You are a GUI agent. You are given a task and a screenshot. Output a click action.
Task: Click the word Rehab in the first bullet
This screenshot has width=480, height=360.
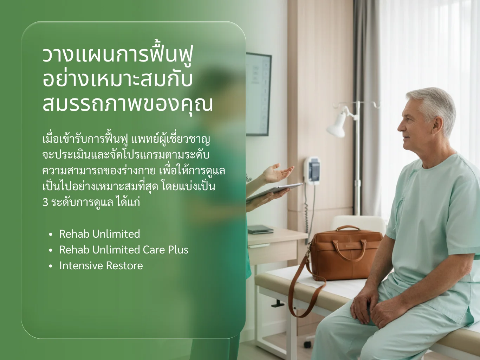(74, 234)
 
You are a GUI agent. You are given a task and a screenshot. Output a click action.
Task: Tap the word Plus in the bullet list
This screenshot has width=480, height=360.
(178, 250)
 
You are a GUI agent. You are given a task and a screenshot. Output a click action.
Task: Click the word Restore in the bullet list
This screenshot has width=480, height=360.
(124, 266)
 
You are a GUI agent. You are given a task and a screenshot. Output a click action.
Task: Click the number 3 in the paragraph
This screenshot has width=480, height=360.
(45, 202)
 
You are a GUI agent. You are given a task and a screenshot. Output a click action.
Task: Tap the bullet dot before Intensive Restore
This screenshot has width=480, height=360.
(51, 266)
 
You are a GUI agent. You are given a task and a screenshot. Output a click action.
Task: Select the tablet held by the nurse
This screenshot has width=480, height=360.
(274, 191)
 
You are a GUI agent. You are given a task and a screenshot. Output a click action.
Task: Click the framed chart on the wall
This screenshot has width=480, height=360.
(259, 94)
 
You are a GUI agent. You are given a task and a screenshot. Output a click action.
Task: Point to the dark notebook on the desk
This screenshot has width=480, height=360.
(260, 230)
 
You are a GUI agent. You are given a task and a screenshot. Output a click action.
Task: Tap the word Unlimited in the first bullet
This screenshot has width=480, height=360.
(116, 234)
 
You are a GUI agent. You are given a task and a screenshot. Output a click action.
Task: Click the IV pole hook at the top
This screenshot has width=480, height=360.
(337, 105)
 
